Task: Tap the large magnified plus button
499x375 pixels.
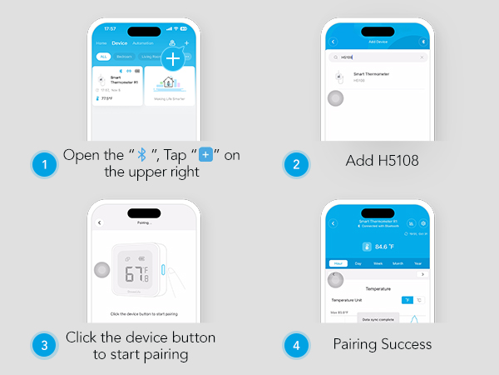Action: click(172, 58)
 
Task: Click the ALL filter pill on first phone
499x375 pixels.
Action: click(104, 57)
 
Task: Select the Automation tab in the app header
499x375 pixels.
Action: click(142, 42)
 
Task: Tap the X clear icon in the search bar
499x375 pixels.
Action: click(422, 57)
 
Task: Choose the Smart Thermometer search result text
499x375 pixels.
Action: click(371, 73)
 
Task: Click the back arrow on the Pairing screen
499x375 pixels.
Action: click(100, 222)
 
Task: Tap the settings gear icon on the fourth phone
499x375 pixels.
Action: click(422, 223)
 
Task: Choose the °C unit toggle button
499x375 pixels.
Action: click(419, 299)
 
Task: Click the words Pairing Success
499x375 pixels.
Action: click(382, 344)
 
